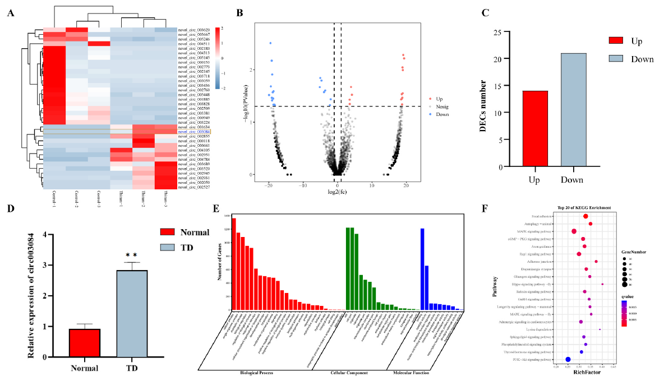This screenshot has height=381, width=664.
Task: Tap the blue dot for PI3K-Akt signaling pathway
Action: point(568,360)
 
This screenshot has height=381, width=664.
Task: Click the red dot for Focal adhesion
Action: point(585,216)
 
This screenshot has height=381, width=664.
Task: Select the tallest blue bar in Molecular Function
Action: point(422,269)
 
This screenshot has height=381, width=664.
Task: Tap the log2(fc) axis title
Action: point(337,192)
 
